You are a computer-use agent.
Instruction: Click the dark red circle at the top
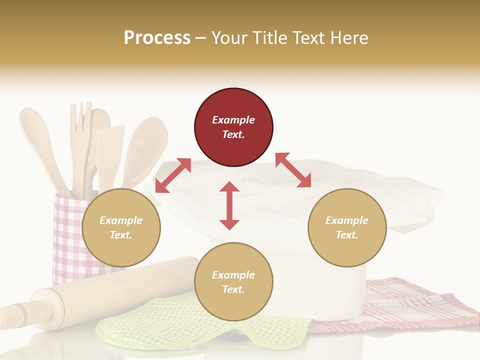pyautogui.click(x=233, y=127)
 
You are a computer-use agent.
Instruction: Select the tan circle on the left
pyautogui.click(x=121, y=227)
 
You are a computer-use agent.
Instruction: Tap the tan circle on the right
pyautogui.click(x=347, y=227)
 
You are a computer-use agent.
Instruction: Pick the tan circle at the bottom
pyautogui.click(x=233, y=282)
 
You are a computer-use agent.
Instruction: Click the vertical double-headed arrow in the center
pyautogui.click(x=229, y=205)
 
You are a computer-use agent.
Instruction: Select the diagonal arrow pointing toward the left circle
pyautogui.click(x=173, y=175)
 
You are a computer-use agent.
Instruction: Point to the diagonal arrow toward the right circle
pyautogui.click(x=293, y=170)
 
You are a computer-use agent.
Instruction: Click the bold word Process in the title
pyautogui.click(x=157, y=37)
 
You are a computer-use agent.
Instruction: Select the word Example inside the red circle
pyautogui.click(x=233, y=120)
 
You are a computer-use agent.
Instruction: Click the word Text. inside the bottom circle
pyautogui.click(x=233, y=289)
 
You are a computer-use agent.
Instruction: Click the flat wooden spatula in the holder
pyautogui.click(x=110, y=150)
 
